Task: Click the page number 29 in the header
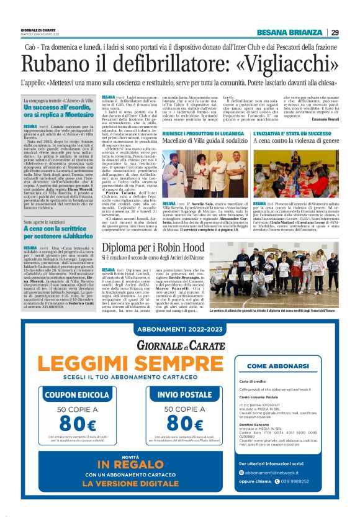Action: (335, 33)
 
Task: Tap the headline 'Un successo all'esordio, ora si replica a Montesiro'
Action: (58, 111)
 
